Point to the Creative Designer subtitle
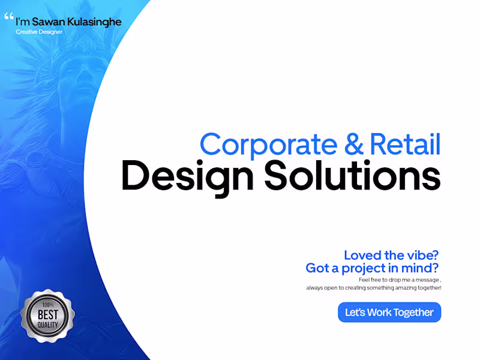pos(39,31)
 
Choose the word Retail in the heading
pos(406,145)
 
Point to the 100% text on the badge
pos(47,304)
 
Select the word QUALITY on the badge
pos(47,325)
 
